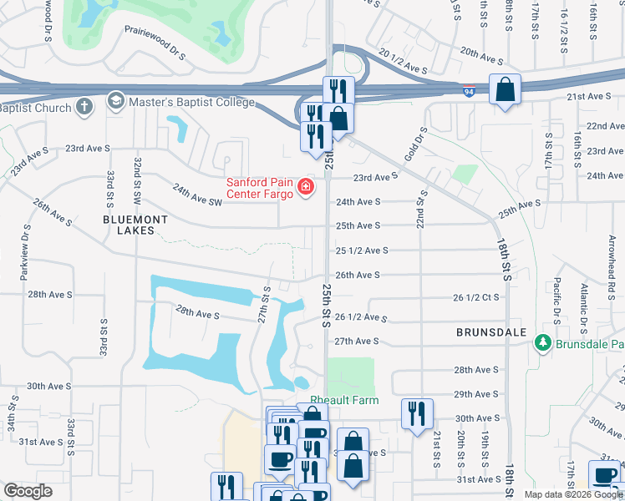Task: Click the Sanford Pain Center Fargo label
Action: point(260,188)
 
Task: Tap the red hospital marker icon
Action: point(306,186)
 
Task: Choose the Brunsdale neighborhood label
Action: point(491,331)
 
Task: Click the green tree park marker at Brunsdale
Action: point(542,342)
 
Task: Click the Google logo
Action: point(28,492)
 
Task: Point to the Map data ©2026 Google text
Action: point(574,494)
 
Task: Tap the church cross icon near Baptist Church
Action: point(84,107)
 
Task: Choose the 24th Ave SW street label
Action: point(197,196)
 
